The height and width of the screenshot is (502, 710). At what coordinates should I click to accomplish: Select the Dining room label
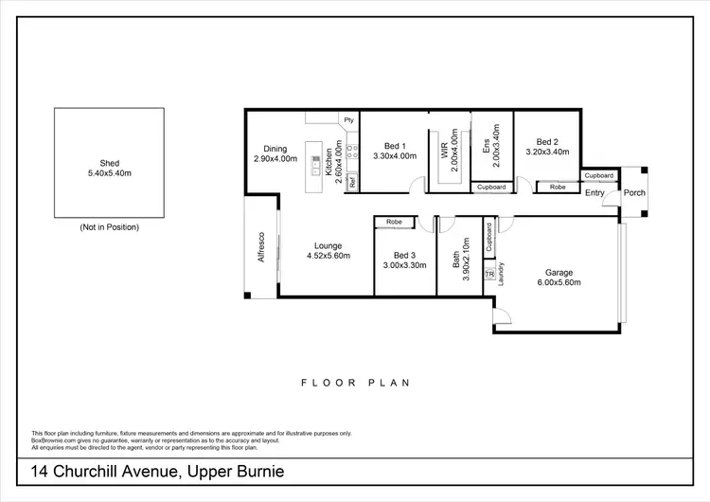click(275, 149)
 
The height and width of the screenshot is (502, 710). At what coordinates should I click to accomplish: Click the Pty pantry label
click(348, 120)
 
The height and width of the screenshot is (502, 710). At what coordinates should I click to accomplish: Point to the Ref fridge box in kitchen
click(351, 183)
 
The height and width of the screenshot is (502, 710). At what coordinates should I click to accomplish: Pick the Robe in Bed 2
click(558, 188)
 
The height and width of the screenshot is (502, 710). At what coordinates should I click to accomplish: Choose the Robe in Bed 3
click(394, 223)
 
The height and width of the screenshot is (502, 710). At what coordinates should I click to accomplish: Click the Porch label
click(633, 193)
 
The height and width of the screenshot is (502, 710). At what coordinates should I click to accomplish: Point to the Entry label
click(595, 193)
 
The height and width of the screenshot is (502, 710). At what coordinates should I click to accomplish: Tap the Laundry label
click(501, 272)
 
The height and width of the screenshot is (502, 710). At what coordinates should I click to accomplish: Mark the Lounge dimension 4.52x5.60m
click(328, 256)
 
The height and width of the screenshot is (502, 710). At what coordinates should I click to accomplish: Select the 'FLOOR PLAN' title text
click(355, 384)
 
